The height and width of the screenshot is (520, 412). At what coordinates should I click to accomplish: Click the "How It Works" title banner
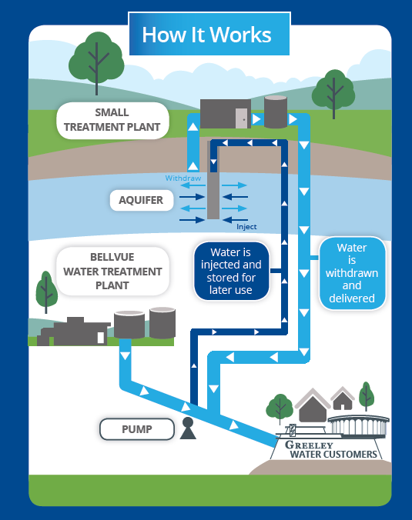[209, 34]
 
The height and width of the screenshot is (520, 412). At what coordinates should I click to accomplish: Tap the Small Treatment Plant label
[112, 120]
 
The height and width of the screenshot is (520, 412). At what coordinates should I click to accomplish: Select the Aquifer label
[142, 200]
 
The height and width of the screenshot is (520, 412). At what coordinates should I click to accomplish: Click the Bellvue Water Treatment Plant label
[112, 272]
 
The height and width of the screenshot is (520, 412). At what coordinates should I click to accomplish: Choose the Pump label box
[137, 429]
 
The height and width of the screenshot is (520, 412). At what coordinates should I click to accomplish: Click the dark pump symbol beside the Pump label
[188, 428]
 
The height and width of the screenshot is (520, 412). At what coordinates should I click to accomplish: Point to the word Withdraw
[183, 178]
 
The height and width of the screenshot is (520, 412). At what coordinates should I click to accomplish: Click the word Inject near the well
[246, 227]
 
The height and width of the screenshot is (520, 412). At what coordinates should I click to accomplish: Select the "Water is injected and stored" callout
[231, 271]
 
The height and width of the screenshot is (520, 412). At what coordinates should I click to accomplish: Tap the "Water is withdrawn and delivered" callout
[352, 273]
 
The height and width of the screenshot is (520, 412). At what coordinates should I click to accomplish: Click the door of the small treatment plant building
[242, 118]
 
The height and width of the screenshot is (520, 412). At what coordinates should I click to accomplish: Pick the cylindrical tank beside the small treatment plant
[276, 112]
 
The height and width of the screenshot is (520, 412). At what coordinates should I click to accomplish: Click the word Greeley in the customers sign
[309, 445]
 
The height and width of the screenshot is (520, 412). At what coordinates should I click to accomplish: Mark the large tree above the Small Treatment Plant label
[96, 62]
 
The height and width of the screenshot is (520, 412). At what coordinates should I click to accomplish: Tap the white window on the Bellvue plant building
[101, 338]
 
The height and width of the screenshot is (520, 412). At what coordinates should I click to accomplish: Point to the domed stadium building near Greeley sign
[359, 426]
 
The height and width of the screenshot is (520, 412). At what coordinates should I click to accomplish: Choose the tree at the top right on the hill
[333, 92]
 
